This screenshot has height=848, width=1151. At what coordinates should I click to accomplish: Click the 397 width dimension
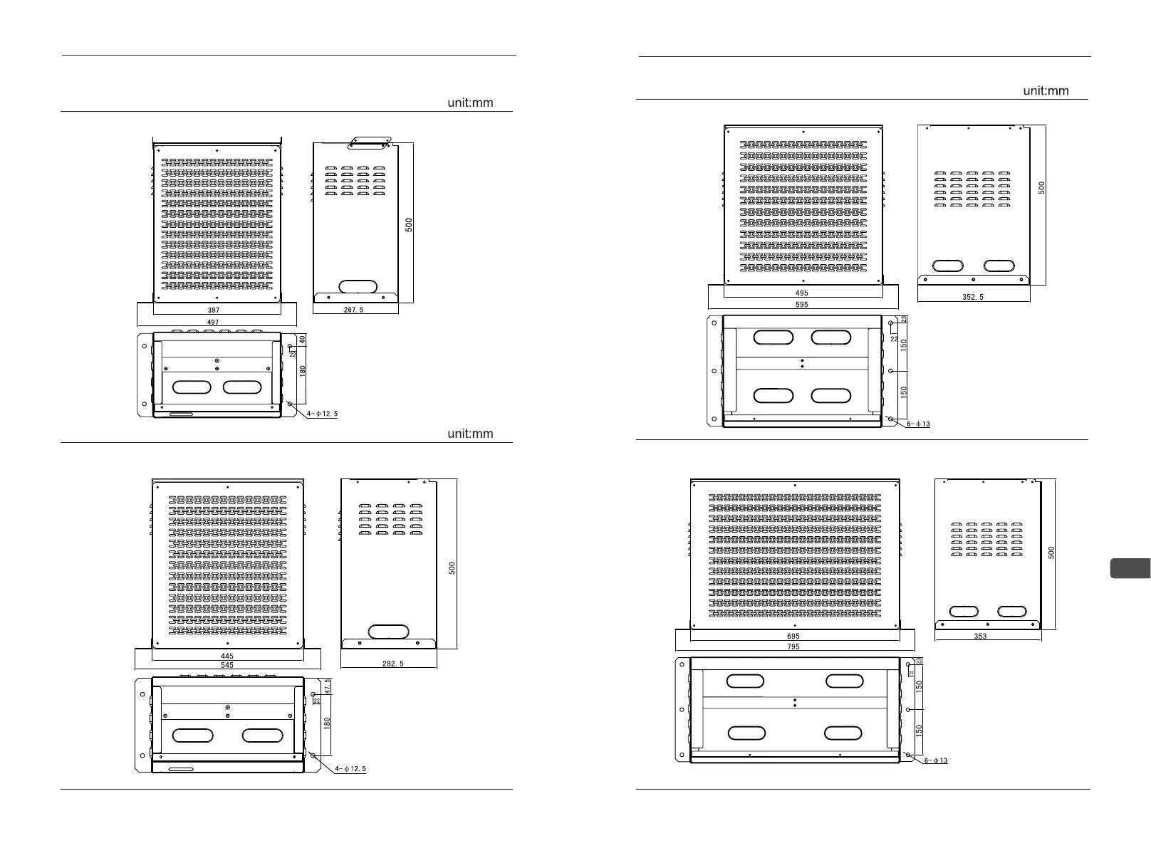[x=214, y=310]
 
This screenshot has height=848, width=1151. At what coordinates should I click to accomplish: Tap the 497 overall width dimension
[x=213, y=323]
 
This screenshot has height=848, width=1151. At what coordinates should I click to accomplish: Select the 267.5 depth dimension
[x=354, y=310]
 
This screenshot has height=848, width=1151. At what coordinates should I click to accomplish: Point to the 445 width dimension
[x=226, y=656]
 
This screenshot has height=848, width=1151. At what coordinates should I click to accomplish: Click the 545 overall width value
[x=226, y=665]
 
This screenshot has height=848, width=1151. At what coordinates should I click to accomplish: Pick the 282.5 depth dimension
[x=392, y=664]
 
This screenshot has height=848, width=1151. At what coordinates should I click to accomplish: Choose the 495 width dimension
[x=801, y=293]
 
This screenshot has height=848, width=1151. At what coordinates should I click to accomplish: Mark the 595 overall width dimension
[x=801, y=305]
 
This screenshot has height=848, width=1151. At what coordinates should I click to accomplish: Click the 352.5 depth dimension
[x=973, y=297]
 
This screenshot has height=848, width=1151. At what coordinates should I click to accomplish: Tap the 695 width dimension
[x=793, y=637]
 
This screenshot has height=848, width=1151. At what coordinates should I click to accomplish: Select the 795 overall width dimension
[x=793, y=647]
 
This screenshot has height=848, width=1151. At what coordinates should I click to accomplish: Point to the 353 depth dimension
[x=980, y=637]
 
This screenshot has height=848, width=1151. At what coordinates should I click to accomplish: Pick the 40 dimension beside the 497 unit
[x=302, y=340]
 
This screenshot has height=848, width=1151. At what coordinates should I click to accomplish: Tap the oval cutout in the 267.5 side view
[x=358, y=286]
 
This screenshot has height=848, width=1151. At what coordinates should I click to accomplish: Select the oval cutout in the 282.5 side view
[x=388, y=632]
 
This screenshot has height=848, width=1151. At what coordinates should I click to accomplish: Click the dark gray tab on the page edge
[x=1130, y=569]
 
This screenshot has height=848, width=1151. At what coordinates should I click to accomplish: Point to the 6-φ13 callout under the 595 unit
[x=918, y=424]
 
